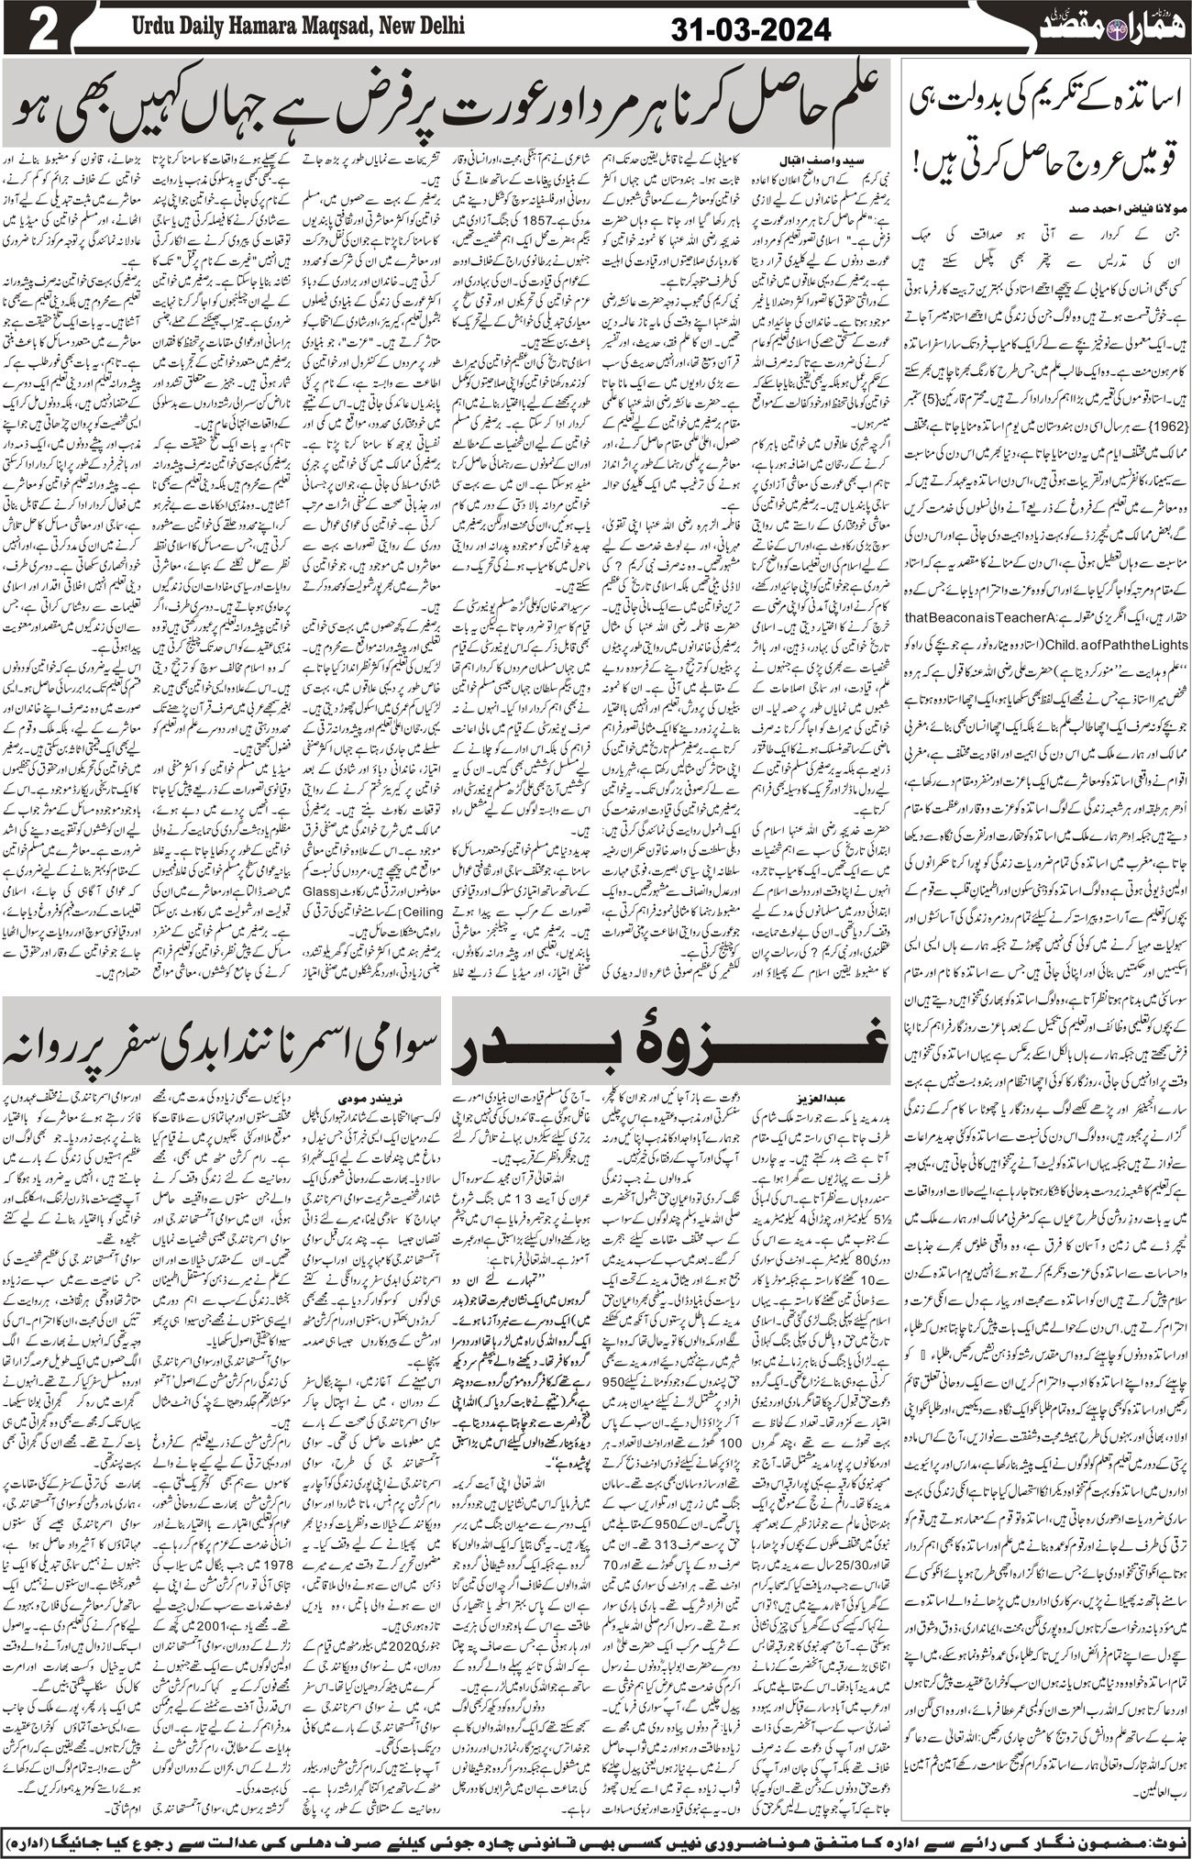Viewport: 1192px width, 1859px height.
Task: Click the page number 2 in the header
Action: [x=36, y=29]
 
